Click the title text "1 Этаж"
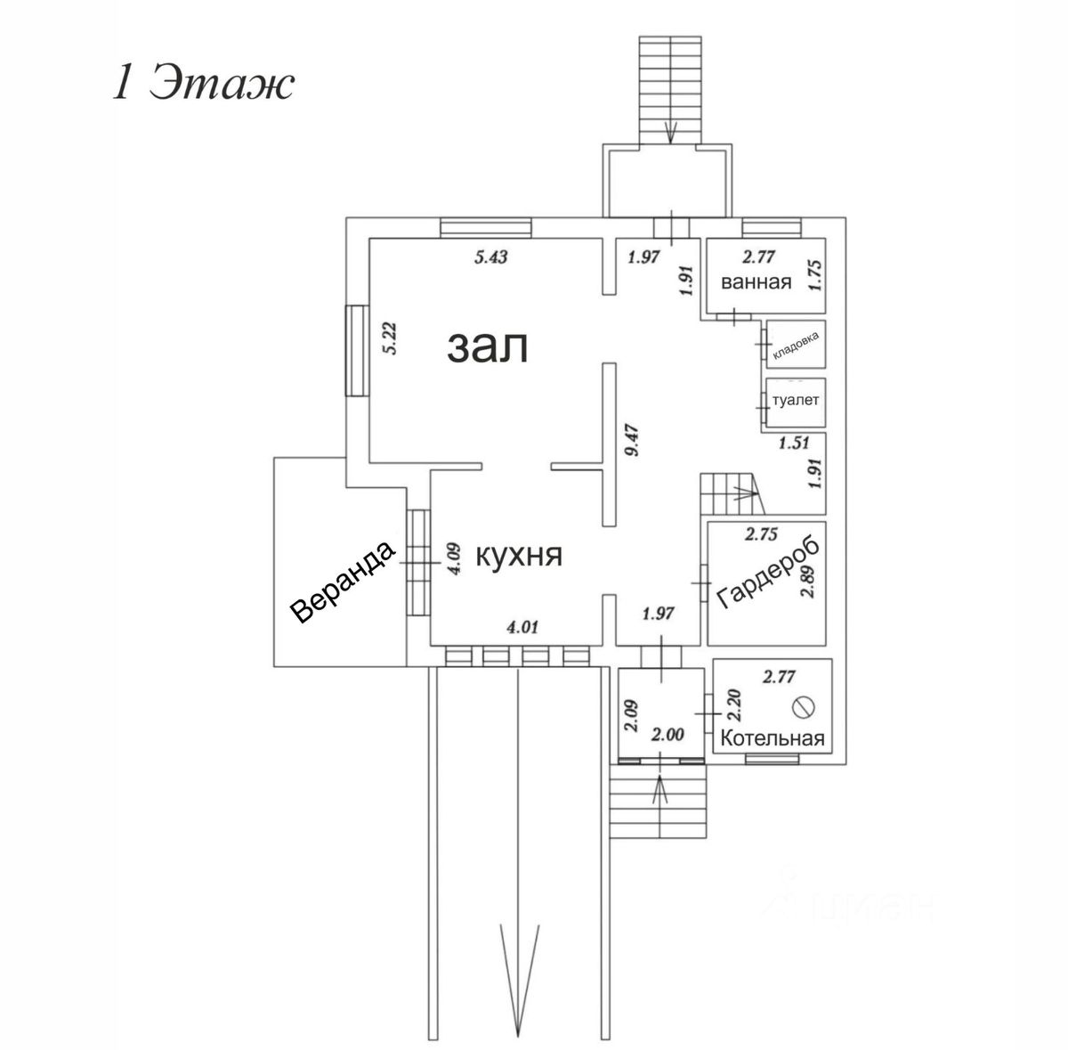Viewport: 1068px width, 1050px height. tap(202, 85)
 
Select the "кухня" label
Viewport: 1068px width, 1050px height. tap(520, 556)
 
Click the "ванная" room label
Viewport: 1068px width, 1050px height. tap(756, 283)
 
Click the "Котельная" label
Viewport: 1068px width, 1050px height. tap(773, 738)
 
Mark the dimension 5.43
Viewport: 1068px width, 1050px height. tap(489, 258)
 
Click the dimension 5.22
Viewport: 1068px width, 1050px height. tap(388, 338)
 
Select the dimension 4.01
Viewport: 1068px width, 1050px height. tap(522, 628)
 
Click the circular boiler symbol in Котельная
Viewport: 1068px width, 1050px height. tap(804, 707)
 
